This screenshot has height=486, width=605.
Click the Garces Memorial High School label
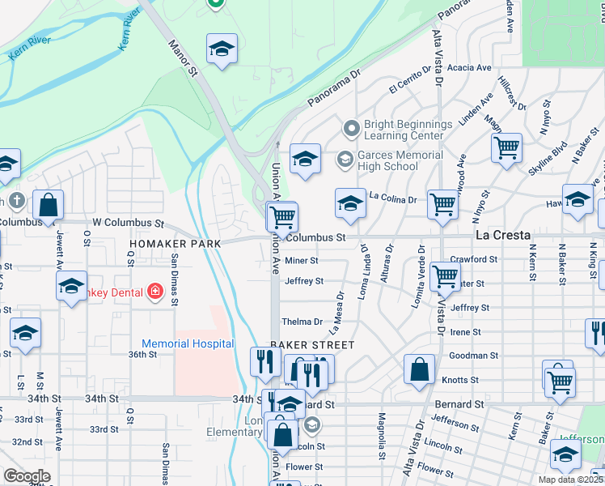click(x=390, y=161)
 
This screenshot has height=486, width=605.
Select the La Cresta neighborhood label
click(x=502, y=235)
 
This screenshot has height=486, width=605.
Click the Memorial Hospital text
click(x=188, y=344)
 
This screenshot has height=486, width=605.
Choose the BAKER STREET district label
click(x=312, y=345)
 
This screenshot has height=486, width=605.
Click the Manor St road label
click(x=183, y=59)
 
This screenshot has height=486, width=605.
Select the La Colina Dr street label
click(x=392, y=197)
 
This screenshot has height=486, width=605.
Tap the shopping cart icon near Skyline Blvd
click(x=506, y=148)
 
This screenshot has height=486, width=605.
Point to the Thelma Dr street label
click(x=303, y=322)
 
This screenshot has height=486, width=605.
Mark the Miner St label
click(x=302, y=261)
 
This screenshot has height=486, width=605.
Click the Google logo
click(x=27, y=476)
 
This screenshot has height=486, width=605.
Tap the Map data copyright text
click(x=571, y=480)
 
